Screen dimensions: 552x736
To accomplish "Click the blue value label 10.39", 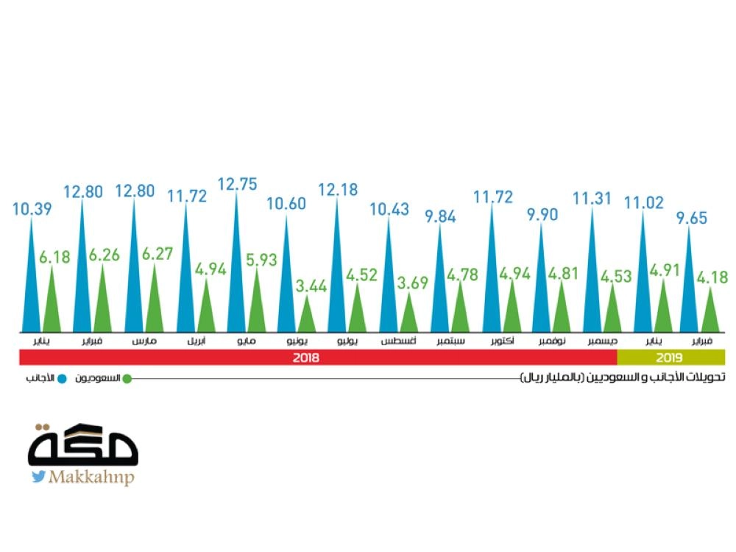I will pyautogui.click(x=31, y=208).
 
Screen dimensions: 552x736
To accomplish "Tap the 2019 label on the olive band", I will pyautogui.click(x=670, y=358).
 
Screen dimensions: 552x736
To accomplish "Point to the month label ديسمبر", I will pyautogui.click(x=602, y=342).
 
